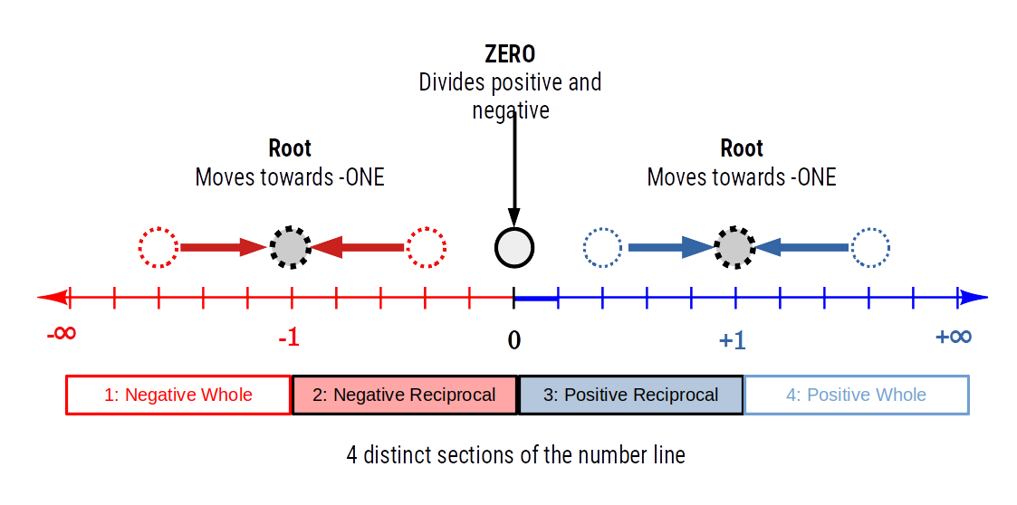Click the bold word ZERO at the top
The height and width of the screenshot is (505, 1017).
coord(510,54)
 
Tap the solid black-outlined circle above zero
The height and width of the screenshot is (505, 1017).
coord(514,247)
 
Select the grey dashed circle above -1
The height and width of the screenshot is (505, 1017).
coord(291,247)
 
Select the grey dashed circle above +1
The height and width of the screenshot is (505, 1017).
coord(734,247)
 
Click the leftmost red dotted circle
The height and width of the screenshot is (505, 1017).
coord(158,247)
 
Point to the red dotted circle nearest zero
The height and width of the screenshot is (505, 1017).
coord(426,247)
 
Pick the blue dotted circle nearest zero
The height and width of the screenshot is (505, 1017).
coord(602,247)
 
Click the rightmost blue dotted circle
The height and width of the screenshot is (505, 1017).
coord(870,247)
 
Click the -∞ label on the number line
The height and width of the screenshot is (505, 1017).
coord(62,334)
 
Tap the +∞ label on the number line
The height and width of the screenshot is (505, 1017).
coord(954,337)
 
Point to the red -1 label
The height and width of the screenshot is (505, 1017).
coord(288,339)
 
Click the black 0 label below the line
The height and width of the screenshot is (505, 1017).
coord(513,340)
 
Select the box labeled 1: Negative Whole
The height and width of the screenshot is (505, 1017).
coord(178,395)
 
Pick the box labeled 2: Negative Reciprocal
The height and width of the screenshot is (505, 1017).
coord(404,395)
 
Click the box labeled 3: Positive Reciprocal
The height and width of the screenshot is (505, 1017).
coord(630,395)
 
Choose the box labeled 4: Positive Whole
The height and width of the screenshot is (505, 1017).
coord(856,395)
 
